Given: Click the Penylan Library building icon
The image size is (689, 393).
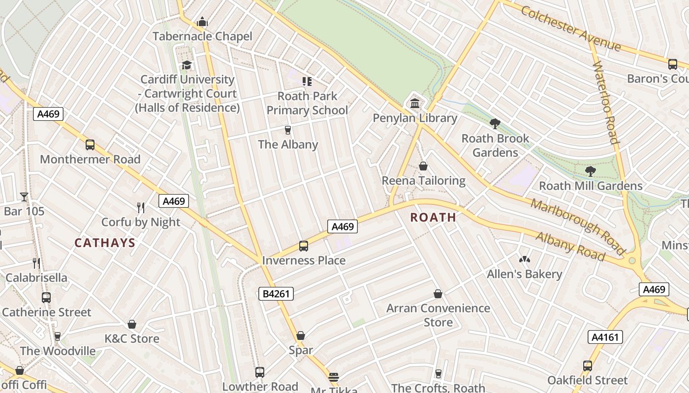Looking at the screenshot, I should point(415,104).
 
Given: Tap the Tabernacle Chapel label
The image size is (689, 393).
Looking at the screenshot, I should point(202,36).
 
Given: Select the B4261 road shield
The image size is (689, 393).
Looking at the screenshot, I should point(276,294).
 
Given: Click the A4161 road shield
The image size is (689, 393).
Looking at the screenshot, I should point(605,337).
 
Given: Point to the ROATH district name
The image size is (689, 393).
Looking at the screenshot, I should point(433,217).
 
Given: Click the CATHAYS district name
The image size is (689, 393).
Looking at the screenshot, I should point(105,243).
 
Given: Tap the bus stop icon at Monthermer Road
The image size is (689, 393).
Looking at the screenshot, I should point(90,145).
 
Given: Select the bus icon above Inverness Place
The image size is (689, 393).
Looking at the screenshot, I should point(304,246).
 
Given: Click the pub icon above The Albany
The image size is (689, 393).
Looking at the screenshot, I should point(288,130).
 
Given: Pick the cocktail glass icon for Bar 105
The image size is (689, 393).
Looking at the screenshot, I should point(24,197).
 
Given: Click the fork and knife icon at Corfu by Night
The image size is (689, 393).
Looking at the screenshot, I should point(141,208).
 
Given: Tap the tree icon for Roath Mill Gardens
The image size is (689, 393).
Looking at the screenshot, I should point(590,171).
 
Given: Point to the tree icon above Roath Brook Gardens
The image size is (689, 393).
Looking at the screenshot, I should point(495,124).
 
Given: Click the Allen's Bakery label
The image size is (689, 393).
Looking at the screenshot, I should point(524,274).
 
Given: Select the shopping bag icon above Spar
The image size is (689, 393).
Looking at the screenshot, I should point(301,336).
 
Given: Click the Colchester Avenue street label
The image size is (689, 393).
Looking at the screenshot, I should point(571,28).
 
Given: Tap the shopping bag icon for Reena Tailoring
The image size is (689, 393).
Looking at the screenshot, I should point(423,167).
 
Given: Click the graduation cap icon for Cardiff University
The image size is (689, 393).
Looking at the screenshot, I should point(187,65).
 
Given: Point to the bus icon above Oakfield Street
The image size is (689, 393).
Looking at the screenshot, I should point(588,366).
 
